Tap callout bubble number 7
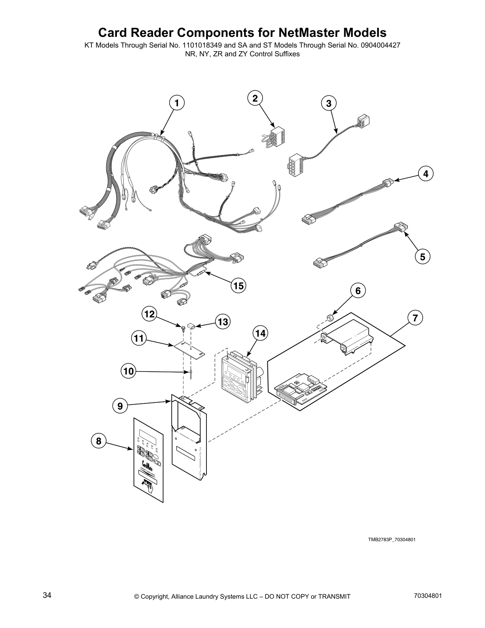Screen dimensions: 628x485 [x=414, y=318]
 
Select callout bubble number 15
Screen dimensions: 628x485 [x=238, y=285]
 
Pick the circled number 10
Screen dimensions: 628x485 [x=128, y=371]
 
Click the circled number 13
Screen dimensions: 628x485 [x=223, y=322]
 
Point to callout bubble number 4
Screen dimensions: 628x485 [x=426, y=174]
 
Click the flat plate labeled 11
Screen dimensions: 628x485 [x=189, y=349]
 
